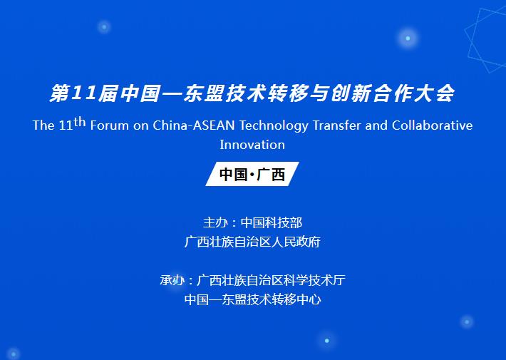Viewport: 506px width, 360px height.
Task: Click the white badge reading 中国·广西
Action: [x=252, y=174]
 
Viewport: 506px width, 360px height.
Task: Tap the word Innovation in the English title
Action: [x=252, y=145]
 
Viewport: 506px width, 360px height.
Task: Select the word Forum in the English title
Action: [x=110, y=125]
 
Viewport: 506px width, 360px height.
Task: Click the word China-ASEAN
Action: [x=194, y=125]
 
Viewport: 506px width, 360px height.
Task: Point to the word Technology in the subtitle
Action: [x=274, y=126]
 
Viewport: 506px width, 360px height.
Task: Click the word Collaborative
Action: [x=433, y=125]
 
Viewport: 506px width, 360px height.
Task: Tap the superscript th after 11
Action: [x=80, y=122]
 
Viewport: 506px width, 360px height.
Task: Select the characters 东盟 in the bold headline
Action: [x=204, y=93]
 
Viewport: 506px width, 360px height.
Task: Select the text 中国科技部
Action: [x=272, y=223]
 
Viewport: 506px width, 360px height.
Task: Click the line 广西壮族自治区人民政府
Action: [x=252, y=242]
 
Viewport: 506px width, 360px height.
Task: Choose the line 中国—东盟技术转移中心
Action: [x=253, y=299]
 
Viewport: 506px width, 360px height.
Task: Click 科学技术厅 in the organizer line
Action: [x=314, y=280]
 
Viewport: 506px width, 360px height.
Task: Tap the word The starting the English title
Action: [x=43, y=125]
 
